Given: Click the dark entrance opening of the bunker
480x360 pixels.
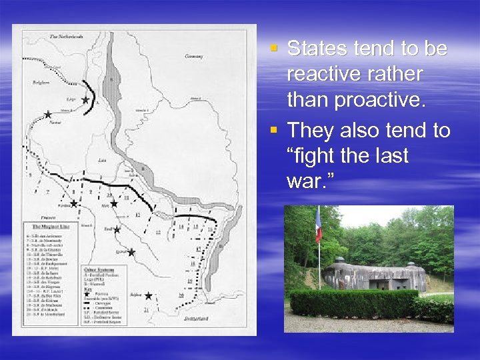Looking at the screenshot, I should tap(380, 284).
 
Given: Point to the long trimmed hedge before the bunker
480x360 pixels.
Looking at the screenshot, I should tap(353, 303).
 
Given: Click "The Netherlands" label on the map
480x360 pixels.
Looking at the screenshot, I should tap(66, 36).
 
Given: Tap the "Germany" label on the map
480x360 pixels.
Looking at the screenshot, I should tap(194, 57).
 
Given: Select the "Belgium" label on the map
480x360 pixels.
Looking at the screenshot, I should tap(41, 84).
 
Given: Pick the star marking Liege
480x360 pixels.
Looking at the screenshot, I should tap(85, 100).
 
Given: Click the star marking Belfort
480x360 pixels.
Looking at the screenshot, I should tap(148, 295).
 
